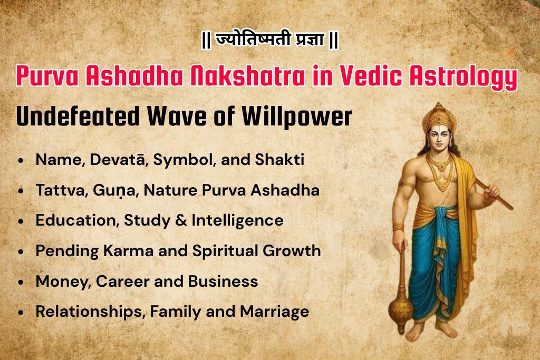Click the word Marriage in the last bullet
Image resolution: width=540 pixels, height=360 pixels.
(x=274, y=312)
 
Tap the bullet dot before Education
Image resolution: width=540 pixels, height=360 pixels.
(x=20, y=221)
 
